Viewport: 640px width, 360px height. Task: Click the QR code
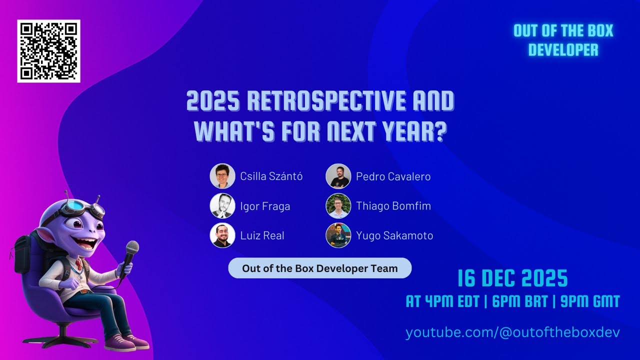coord(48,51)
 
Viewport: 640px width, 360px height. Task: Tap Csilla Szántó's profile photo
coord(222,176)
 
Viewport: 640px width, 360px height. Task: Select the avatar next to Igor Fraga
coord(222,205)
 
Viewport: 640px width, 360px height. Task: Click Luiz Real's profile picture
coord(222,235)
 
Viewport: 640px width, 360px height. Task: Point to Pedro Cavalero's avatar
coord(338,176)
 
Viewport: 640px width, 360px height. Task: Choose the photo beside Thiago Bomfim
coord(338,205)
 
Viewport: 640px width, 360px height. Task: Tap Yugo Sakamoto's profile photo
coord(338,235)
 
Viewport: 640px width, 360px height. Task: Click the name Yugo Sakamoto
coord(394,235)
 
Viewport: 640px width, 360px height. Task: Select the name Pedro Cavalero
coord(393,176)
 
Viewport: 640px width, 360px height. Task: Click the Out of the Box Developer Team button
coord(319,268)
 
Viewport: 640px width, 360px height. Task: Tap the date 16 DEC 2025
coord(513,278)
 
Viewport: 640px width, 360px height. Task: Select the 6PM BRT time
coord(519,301)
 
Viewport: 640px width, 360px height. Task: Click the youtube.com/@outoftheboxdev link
coord(512,332)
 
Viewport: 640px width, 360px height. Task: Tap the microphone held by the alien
coord(130,258)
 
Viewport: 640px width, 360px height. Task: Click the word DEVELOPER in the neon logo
coord(563,50)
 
